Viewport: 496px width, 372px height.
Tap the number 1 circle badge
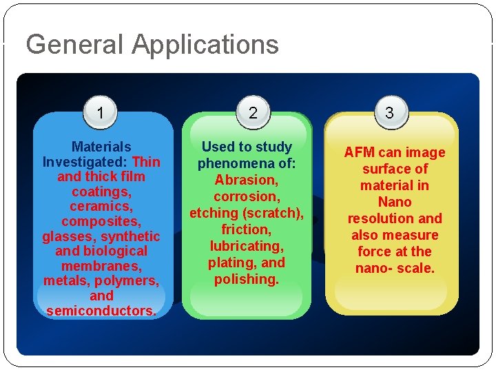(101, 112)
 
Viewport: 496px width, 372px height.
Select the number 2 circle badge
(253, 113)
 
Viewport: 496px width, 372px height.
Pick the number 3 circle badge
(389, 112)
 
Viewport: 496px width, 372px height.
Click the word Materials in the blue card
(101, 147)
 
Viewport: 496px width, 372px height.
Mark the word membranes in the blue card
(101, 266)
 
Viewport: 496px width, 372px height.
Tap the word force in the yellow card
(374, 251)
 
